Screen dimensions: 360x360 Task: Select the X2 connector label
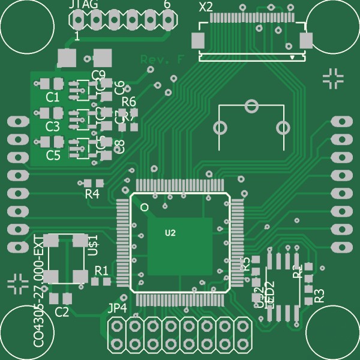point(205,7)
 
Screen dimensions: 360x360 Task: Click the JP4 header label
point(117,308)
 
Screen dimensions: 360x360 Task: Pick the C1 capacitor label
point(53,97)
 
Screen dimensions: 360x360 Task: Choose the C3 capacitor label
point(53,127)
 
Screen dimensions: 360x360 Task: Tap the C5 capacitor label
point(53,156)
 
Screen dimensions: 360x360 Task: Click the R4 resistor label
point(92,194)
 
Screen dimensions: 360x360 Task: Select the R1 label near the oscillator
point(101,271)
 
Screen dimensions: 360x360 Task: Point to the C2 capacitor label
point(62,311)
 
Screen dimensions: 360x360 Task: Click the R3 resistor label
point(319,295)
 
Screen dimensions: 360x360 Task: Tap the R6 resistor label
point(129,101)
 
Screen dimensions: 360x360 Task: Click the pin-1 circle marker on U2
point(144,206)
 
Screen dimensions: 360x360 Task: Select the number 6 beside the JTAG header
point(167,5)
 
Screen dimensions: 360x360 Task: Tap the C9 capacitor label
point(99,75)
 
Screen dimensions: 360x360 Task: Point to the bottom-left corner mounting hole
point(27,333)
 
